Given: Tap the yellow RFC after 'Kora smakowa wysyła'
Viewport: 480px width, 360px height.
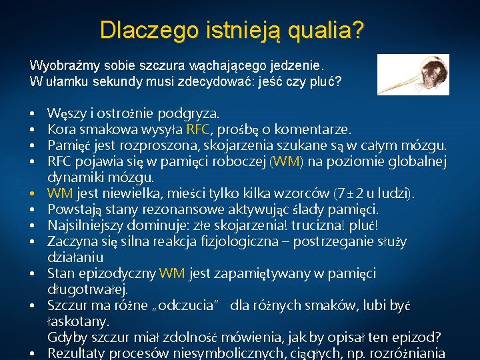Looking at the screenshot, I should click(x=199, y=129).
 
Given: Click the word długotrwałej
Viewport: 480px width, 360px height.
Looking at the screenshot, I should click(x=87, y=289).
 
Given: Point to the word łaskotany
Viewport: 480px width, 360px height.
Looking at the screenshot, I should click(x=76, y=321).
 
